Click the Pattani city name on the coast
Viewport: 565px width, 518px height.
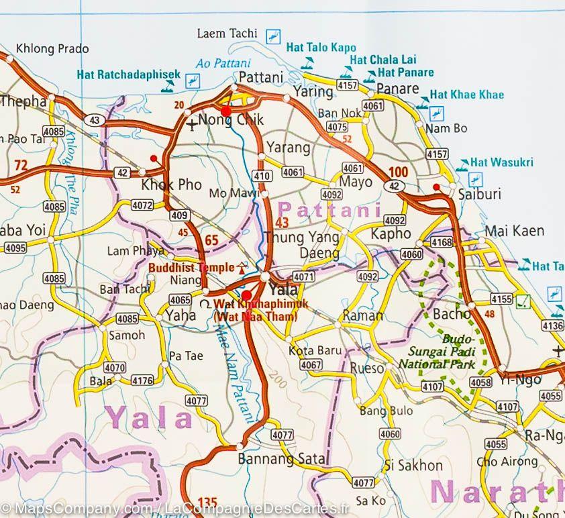[261, 76]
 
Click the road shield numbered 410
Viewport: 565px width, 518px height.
[262, 176]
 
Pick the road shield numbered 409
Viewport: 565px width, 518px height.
[178, 216]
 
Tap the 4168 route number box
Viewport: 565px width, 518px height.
[442, 242]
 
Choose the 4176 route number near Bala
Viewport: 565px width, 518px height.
[143, 381]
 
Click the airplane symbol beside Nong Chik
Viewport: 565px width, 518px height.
[193, 124]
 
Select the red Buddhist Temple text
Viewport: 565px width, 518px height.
[191, 266]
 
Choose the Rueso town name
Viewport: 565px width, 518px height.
[367, 368]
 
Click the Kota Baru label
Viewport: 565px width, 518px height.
[315, 350]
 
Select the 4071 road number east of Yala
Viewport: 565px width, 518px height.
[304, 276]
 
